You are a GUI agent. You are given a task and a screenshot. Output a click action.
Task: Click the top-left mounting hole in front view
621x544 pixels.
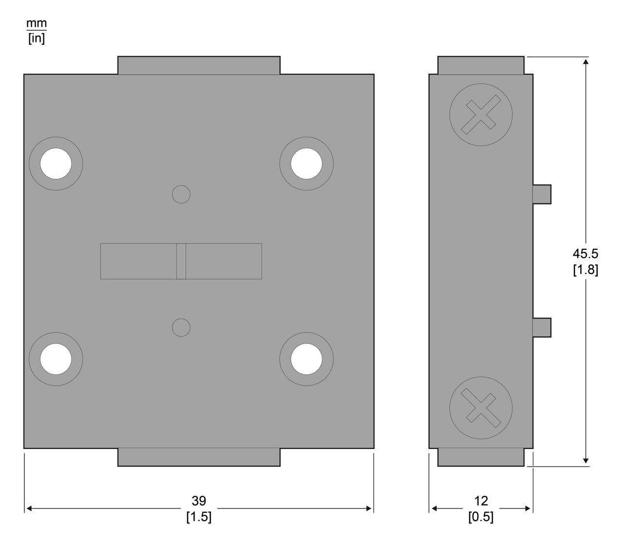(x=56, y=163)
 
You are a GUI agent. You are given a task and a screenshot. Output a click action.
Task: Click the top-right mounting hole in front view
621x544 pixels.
(x=307, y=163)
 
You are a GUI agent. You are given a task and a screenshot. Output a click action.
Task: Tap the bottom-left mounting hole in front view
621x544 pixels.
(x=56, y=359)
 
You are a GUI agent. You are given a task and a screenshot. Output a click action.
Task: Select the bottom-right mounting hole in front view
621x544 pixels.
(x=307, y=359)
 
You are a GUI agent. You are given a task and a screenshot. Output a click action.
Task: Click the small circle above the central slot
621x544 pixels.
(x=181, y=194)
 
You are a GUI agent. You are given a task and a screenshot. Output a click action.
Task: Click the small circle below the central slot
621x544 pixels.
(x=181, y=327)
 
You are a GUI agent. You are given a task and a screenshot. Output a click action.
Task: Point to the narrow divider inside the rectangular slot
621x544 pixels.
(x=181, y=261)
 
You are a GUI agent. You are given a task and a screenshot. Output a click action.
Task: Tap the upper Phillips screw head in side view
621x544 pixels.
(x=481, y=114)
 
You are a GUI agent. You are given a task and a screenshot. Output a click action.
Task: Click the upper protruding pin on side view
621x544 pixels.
(x=542, y=194)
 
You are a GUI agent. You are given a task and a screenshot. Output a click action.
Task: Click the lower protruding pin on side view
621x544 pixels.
(x=542, y=327)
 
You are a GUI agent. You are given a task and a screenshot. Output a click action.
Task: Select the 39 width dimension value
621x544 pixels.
(x=199, y=501)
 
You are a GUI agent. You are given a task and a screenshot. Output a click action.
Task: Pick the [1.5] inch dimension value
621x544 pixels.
(x=199, y=517)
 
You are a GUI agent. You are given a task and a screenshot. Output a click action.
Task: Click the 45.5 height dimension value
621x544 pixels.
(x=585, y=253)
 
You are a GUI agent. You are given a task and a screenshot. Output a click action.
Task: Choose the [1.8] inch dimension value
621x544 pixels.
(x=585, y=269)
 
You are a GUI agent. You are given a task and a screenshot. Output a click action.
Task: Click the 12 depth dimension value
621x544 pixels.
(x=481, y=501)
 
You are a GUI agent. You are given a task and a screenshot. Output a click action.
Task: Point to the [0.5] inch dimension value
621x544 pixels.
(x=481, y=517)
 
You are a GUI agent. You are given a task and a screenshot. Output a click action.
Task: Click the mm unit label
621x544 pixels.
(x=37, y=23)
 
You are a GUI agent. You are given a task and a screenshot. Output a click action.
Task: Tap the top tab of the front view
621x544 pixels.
(x=199, y=65)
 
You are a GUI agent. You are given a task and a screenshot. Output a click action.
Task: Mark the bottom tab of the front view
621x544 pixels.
(x=199, y=457)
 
